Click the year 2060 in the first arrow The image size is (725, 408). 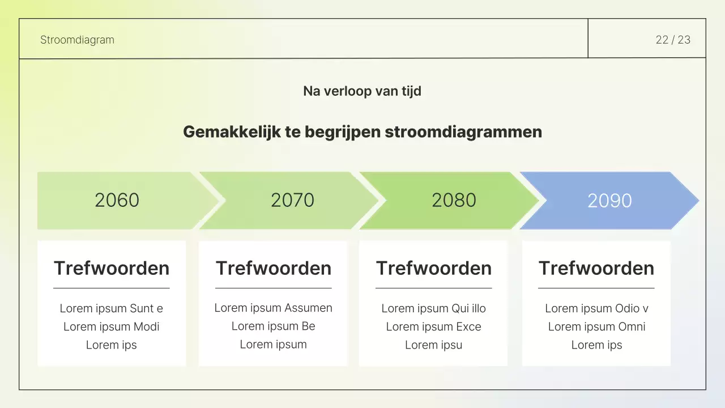point(117,200)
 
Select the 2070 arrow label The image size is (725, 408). point(292,200)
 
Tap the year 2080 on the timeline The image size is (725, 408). point(454,200)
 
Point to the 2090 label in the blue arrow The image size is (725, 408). point(609,201)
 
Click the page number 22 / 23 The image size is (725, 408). point(673,40)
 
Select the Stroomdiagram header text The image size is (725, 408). point(77,40)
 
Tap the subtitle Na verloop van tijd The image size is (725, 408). point(362,91)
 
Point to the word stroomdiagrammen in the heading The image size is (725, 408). point(463,132)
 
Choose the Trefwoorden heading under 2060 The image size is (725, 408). point(112,268)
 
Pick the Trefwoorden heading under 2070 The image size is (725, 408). point(274,268)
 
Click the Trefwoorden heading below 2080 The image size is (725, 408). point(434,268)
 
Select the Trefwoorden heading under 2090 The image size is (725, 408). point(596,268)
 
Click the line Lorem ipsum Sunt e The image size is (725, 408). point(112,308)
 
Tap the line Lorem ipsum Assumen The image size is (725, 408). point(274,308)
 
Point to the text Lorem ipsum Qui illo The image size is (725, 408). point(434,308)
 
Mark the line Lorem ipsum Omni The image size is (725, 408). point(596,326)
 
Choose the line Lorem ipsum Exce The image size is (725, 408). point(434,326)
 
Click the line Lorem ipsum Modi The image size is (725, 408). point(112,326)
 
